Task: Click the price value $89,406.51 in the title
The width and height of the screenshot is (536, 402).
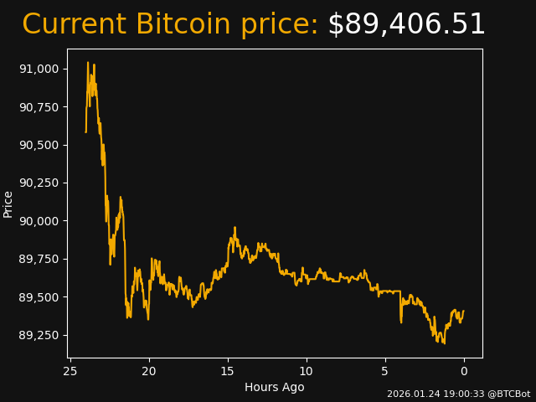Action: (x=406, y=25)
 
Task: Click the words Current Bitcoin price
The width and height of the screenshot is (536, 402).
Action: (x=170, y=25)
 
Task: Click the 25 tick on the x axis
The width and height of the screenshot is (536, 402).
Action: (x=70, y=372)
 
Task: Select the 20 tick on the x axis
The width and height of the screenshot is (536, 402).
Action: (x=149, y=372)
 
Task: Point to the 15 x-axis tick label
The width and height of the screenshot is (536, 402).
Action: (x=228, y=372)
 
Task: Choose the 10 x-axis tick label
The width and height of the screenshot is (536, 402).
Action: (x=307, y=372)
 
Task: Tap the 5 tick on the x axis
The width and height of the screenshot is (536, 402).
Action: (x=385, y=372)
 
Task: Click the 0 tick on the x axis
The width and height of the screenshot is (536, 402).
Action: (x=464, y=372)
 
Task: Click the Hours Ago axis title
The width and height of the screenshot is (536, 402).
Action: (x=274, y=387)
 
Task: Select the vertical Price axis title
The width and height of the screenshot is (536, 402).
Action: (x=8, y=204)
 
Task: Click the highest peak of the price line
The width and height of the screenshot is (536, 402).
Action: (x=88, y=62)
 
